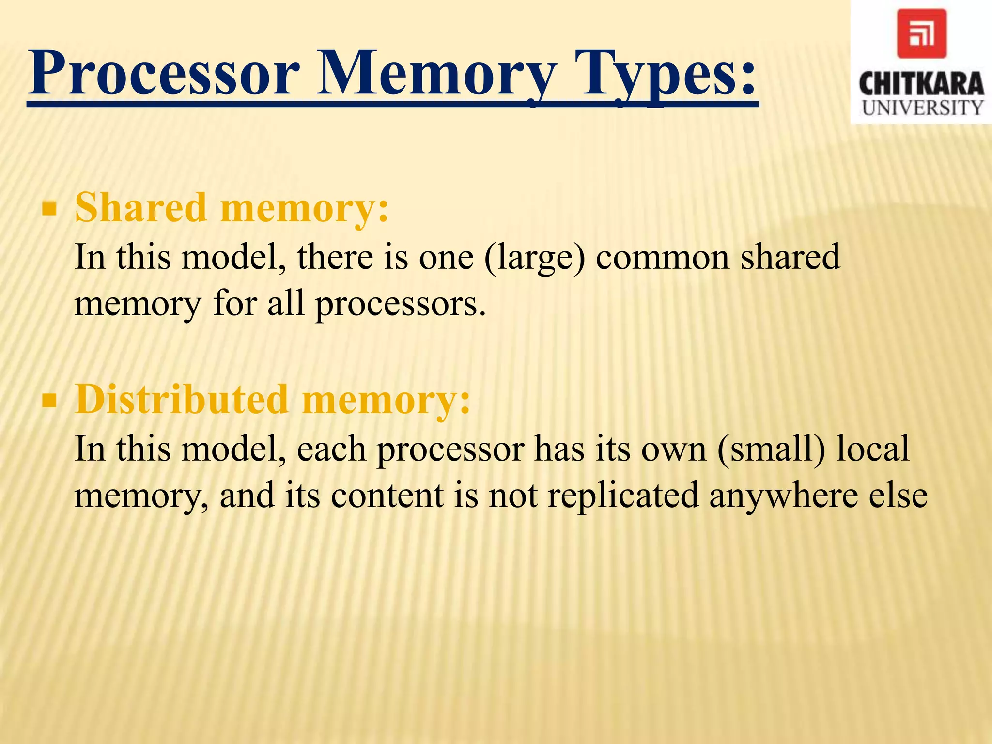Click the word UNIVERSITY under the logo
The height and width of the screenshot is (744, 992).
[922, 108]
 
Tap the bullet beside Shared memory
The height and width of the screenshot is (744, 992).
[49, 209]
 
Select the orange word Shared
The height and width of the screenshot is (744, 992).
[141, 207]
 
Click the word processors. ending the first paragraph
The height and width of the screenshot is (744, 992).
[400, 305]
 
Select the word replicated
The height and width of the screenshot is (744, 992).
[623, 496]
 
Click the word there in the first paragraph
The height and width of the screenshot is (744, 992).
[336, 257]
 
